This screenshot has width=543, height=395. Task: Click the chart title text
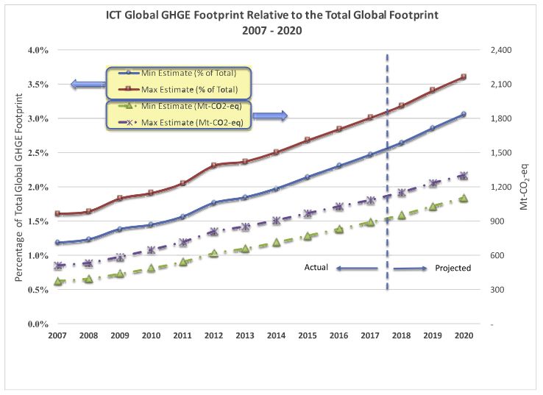pyautogui.click(x=271, y=15)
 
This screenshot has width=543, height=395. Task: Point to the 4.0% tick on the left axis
pyautogui.click(x=38, y=50)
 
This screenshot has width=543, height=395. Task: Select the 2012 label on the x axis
pyautogui.click(x=213, y=335)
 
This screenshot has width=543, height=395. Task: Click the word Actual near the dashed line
pyautogui.click(x=316, y=268)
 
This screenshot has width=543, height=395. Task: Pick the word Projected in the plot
pyautogui.click(x=452, y=268)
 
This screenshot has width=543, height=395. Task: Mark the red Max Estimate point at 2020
pyautogui.click(x=463, y=76)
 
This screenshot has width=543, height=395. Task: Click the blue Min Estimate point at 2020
pyautogui.click(x=463, y=114)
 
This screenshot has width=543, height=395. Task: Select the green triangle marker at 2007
pyautogui.click(x=57, y=281)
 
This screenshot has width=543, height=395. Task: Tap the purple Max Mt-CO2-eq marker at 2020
pyautogui.click(x=463, y=176)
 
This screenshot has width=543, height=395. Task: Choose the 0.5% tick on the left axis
pyautogui.click(x=38, y=290)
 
